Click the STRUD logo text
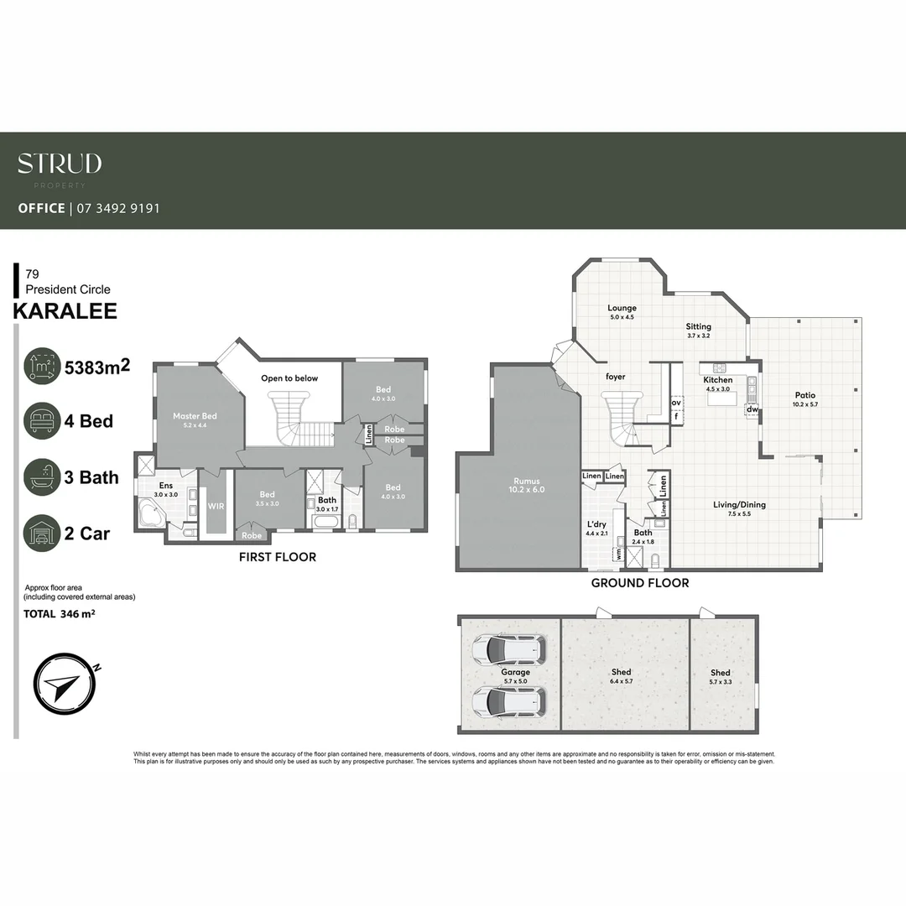[x=60, y=164]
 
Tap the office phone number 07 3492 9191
[x=117, y=208]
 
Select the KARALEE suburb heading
[x=65, y=311]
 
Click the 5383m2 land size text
[x=97, y=366]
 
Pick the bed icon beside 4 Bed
[x=42, y=420]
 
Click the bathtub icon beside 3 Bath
[x=42, y=477]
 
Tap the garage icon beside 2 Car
[x=42, y=533]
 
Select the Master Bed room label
[x=195, y=416]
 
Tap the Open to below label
[x=289, y=378]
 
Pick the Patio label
[x=804, y=395]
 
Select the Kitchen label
[x=718, y=380]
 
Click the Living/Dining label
[x=739, y=505]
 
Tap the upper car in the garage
[x=509, y=649]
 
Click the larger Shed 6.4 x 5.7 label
[x=622, y=672]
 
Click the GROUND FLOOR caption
[x=639, y=583]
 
